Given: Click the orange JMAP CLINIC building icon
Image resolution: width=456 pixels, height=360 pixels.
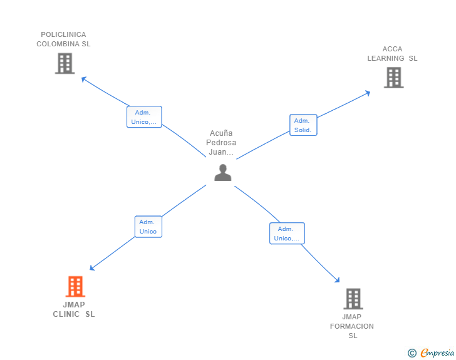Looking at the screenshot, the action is click(75, 286).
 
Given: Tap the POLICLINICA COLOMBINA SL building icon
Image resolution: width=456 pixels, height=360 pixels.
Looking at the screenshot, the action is click(65, 63).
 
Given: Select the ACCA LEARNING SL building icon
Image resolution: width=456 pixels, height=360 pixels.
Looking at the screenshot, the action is click(394, 78).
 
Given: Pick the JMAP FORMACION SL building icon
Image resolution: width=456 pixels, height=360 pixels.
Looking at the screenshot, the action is click(353, 299).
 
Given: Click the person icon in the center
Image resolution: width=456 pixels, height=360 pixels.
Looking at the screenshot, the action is click(223, 172).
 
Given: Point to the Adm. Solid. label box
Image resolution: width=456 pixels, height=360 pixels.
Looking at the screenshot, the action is click(303, 125).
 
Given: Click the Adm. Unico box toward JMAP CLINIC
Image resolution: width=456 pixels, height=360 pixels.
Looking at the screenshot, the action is click(148, 227).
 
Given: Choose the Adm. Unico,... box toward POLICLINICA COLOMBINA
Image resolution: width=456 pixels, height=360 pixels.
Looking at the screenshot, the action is click(144, 117).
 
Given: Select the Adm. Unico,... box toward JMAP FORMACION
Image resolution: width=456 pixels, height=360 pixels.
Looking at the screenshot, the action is click(287, 233).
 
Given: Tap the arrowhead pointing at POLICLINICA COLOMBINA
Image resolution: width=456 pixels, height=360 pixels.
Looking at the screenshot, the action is click(84, 79).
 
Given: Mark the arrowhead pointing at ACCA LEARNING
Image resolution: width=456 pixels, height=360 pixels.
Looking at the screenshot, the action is click(368, 93).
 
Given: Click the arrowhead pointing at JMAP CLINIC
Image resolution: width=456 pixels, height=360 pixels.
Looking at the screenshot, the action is click(92, 268).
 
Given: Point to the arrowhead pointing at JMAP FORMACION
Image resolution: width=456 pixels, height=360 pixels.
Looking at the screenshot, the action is click(338, 280).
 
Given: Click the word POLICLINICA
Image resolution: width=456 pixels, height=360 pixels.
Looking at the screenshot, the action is click(63, 34).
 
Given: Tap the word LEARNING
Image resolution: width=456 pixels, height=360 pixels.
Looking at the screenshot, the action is click(386, 58).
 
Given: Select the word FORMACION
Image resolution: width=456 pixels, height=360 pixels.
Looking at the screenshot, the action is click(352, 326).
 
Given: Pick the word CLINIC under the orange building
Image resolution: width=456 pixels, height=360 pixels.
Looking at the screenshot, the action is click(66, 314).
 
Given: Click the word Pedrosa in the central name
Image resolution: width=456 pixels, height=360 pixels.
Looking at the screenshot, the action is click(221, 143).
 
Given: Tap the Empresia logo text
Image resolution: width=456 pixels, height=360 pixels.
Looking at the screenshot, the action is click(437, 353).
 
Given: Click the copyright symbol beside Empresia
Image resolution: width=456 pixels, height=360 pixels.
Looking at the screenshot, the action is click(412, 353).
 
